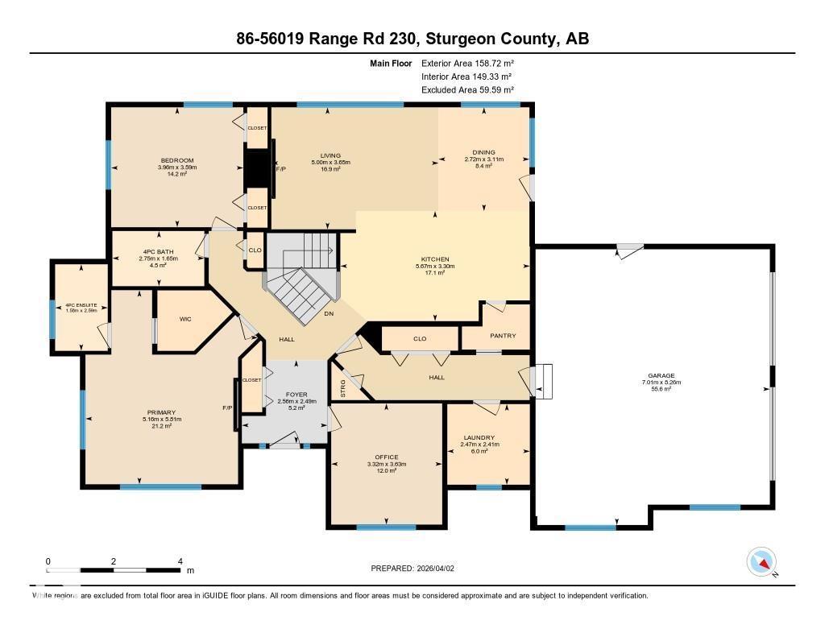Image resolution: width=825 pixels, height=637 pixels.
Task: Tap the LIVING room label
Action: [x=330, y=155]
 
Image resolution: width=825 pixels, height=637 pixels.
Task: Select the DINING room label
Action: [x=483, y=152]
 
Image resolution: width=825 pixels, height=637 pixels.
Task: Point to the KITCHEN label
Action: [x=434, y=259]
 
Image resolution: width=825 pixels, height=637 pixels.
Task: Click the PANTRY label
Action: [x=503, y=336]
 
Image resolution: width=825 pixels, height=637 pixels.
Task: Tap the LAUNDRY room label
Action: [x=479, y=437]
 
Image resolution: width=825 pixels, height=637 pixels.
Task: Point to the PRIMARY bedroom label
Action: [x=161, y=412]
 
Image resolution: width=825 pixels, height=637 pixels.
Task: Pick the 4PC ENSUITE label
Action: [x=80, y=305]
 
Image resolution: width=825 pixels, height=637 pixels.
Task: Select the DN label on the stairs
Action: [x=329, y=313]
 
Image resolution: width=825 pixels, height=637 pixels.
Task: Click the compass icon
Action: [x=761, y=561]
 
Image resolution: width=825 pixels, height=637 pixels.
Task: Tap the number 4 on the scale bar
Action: [x=180, y=561]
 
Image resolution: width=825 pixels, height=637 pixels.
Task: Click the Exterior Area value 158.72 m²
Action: [x=491, y=63]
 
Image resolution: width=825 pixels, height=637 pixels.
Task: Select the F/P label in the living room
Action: [x=281, y=170]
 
